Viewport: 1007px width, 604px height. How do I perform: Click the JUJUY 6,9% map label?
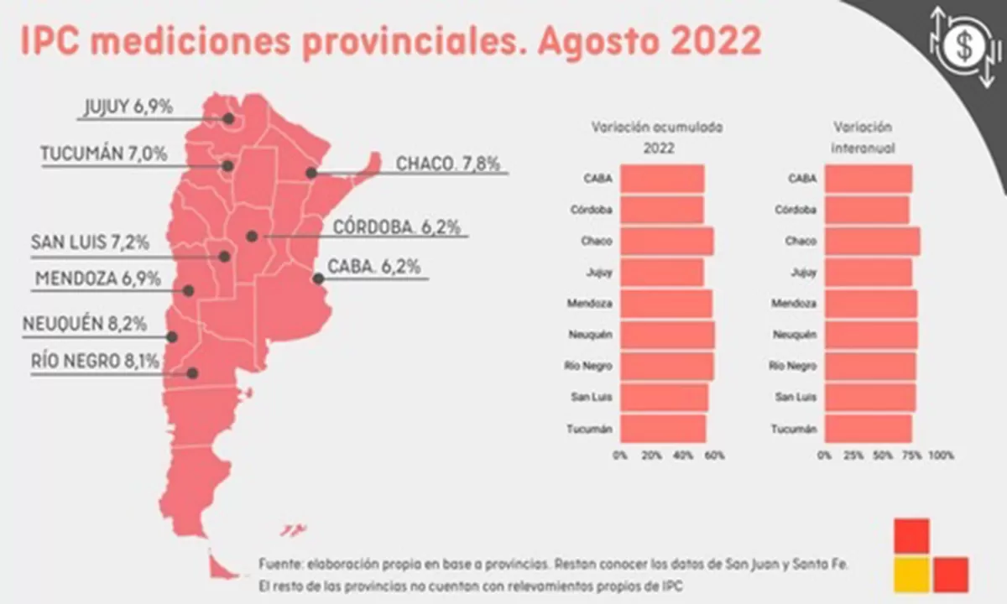(x=128, y=107)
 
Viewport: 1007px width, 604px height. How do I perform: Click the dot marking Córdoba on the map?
(x=251, y=237)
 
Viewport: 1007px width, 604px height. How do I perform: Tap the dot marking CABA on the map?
(x=318, y=279)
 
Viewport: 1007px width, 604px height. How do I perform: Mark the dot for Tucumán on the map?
(x=227, y=165)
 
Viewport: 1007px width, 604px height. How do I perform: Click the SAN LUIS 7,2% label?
(x=90, y=243)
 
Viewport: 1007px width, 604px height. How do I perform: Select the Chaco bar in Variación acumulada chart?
(x=667, y=241)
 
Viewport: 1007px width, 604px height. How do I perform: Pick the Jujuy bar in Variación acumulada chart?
(x=663, y=272)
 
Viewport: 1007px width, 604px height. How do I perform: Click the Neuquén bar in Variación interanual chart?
(x=871, y=334)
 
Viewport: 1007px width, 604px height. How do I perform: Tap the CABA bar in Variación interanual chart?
(x=868, y=179)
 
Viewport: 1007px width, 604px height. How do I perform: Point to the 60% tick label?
(x=714, y=456)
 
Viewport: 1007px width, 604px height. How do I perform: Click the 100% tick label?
(x=942, y=456)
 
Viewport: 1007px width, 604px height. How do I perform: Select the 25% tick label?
(x=853, y=456)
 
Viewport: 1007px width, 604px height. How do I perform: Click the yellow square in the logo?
(x=911, y=574)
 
